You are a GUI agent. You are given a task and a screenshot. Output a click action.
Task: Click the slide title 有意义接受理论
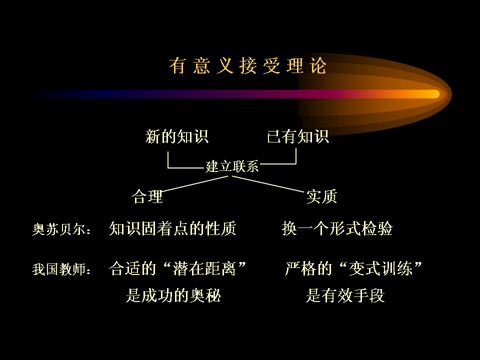pyautogui.click(x=247, y=65)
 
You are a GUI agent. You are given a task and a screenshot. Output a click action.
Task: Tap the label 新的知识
pyautogui.click(x=177, y=136)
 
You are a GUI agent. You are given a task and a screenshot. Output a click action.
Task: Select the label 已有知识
pyautogui.click(x=298, y=136)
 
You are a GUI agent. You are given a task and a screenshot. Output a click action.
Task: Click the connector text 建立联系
pyautogui.click(x=232, y=166)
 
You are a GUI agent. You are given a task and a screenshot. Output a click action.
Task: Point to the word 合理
pyautogui.click(x=147, y=196)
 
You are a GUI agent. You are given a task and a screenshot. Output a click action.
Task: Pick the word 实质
pyautogui.click(x=321, y=196)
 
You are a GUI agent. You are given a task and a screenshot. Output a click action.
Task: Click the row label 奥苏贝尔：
pyautogui.click(x=61, y=229)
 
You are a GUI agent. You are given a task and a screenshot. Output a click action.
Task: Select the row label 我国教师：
pyautogui.click(x=61, y=269)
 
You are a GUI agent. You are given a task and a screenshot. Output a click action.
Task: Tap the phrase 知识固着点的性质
pyautogui.click(x=172, y=228)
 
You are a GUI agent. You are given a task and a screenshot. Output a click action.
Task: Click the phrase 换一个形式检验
pyautogui.click(x=337, y=228)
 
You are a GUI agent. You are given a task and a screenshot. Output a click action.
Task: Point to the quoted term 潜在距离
pyautogui.click(x=204, y=268)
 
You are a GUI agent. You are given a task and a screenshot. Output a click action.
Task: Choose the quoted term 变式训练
pyautogui.click(x=381, y=268)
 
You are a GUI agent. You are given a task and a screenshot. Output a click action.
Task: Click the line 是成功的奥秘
pyautogui.click(x=173, y=295)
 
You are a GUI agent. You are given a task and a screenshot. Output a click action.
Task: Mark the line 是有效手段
pyautogui.click(x=345, y=295)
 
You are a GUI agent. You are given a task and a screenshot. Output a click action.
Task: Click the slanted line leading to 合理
pyautogui.click(x=194, y=184)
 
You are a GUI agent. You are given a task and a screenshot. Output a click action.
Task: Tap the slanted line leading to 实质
pyautogui.click(x=268, y=184)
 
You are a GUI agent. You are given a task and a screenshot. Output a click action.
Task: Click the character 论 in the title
pyautogui.click(x=318, y=65)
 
